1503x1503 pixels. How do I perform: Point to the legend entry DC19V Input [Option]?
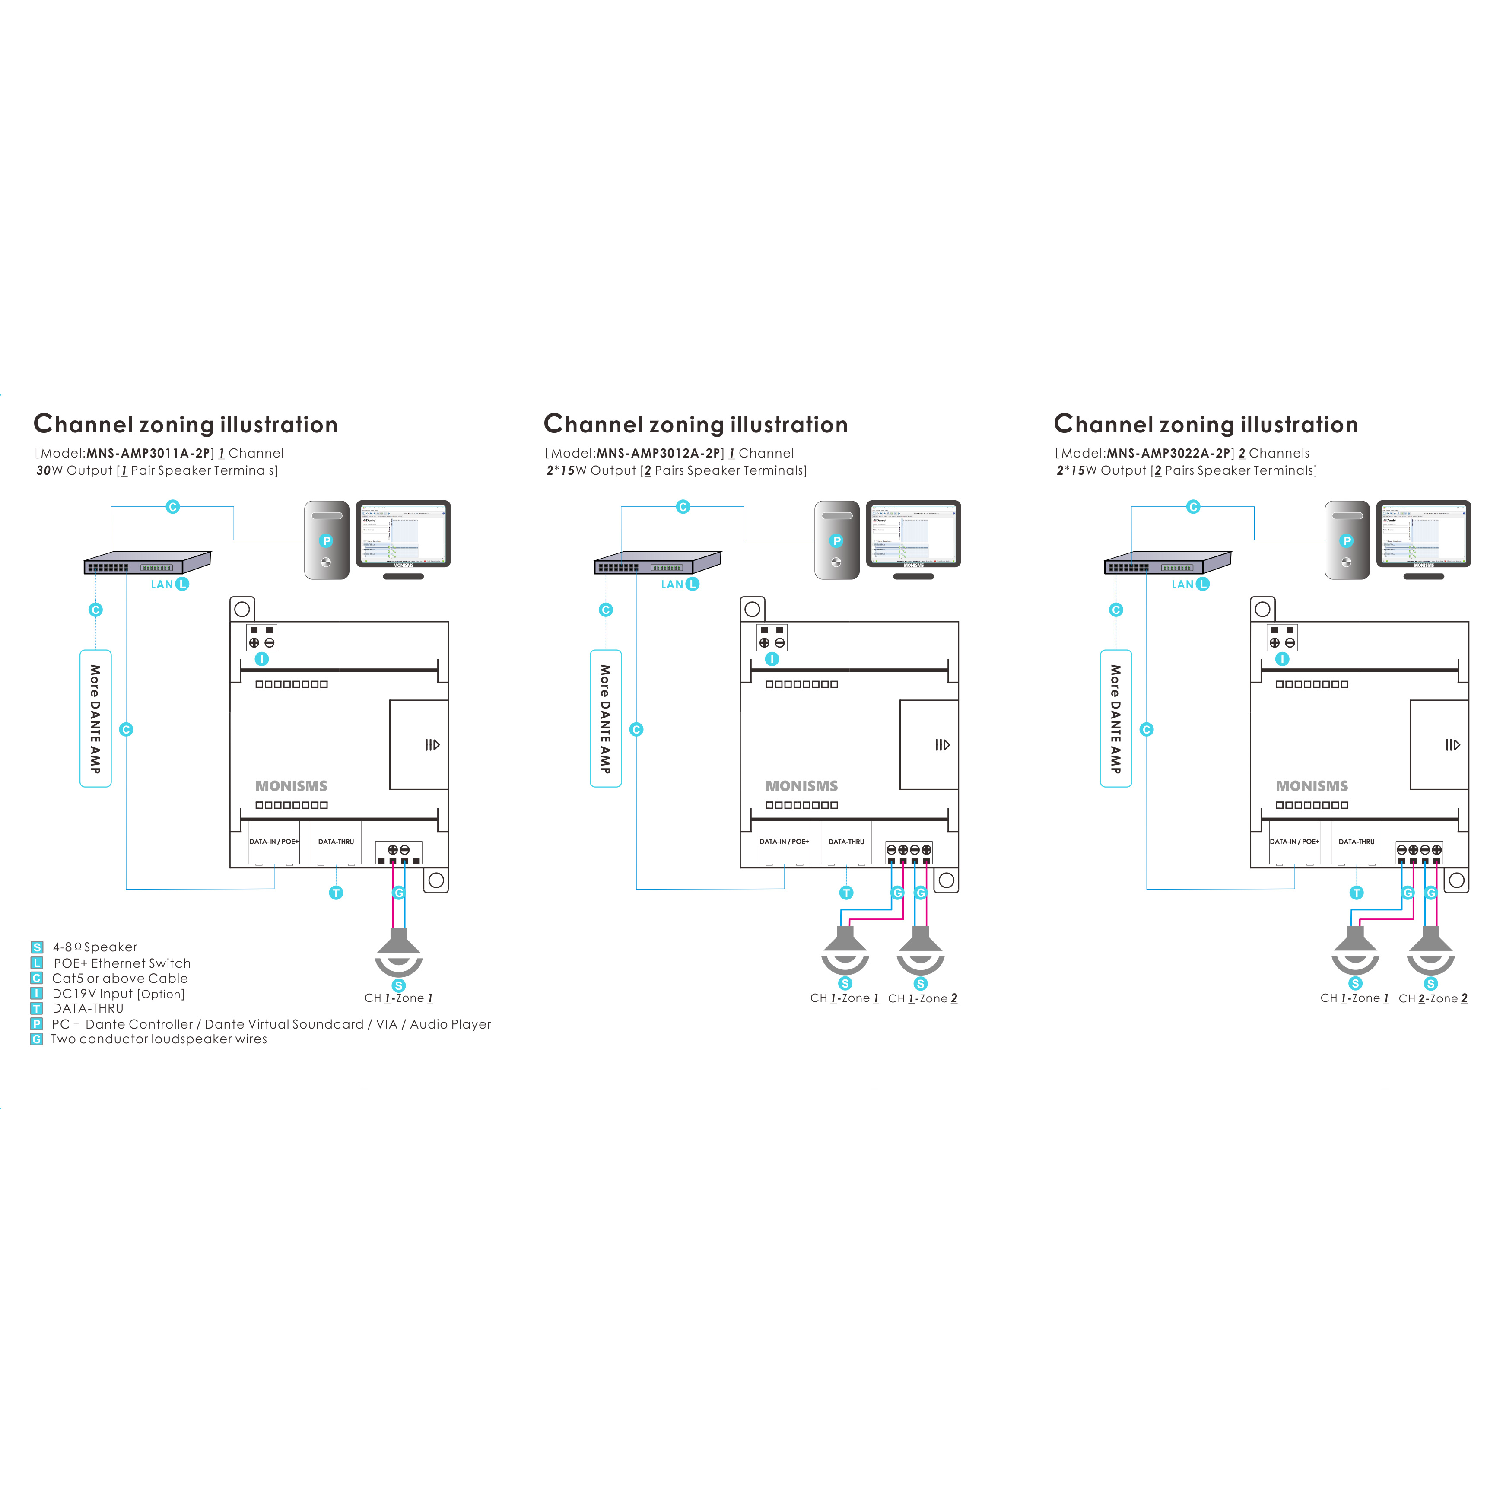[118, 994]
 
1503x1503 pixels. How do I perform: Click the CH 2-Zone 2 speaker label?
[1433, 998]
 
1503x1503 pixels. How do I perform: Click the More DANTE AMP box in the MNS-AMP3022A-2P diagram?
[1115, 718]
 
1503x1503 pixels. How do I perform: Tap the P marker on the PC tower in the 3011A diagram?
[327, 541]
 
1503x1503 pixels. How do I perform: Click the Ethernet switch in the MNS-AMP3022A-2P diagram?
[1167, 562]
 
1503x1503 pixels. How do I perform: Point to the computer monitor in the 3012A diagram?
[913, 535]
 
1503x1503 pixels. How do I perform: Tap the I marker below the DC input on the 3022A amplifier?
[1282, 659]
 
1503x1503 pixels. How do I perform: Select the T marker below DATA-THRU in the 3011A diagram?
[336, 893]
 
